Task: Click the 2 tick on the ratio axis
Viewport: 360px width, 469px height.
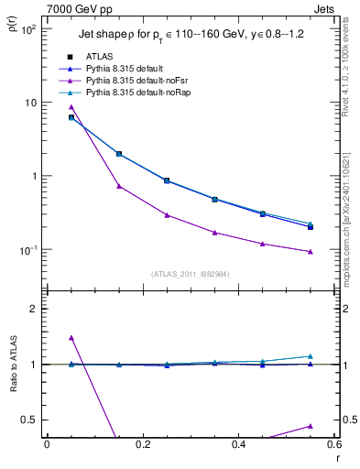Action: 31,309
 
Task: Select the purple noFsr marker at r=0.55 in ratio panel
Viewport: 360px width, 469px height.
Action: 311,426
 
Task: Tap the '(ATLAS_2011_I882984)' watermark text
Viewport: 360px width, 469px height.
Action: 190,274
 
